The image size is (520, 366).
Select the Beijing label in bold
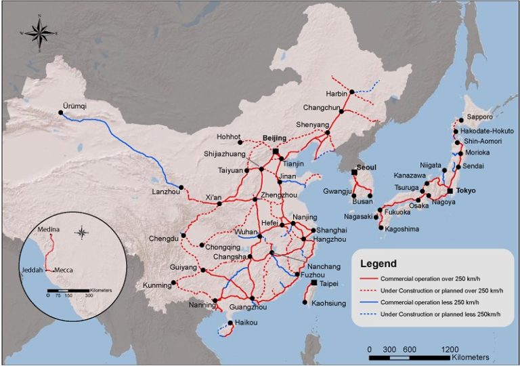[274, 138]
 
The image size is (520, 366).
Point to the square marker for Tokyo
[450, 191]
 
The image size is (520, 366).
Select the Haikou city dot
[231, 323]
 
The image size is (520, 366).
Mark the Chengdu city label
[164, 238]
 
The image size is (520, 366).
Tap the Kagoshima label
[401, 229]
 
